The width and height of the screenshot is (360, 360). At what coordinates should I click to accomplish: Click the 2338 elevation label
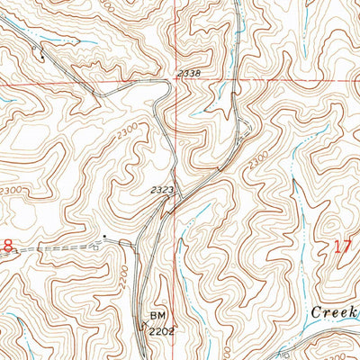click(189, 74)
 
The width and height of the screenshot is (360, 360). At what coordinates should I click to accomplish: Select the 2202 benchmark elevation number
click(160, 330)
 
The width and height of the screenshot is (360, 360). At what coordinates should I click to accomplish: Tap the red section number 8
click(7, 245)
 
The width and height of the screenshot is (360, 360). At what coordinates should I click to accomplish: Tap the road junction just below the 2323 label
click(167, 203)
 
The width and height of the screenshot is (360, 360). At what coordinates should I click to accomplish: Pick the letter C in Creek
click(317, 310)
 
